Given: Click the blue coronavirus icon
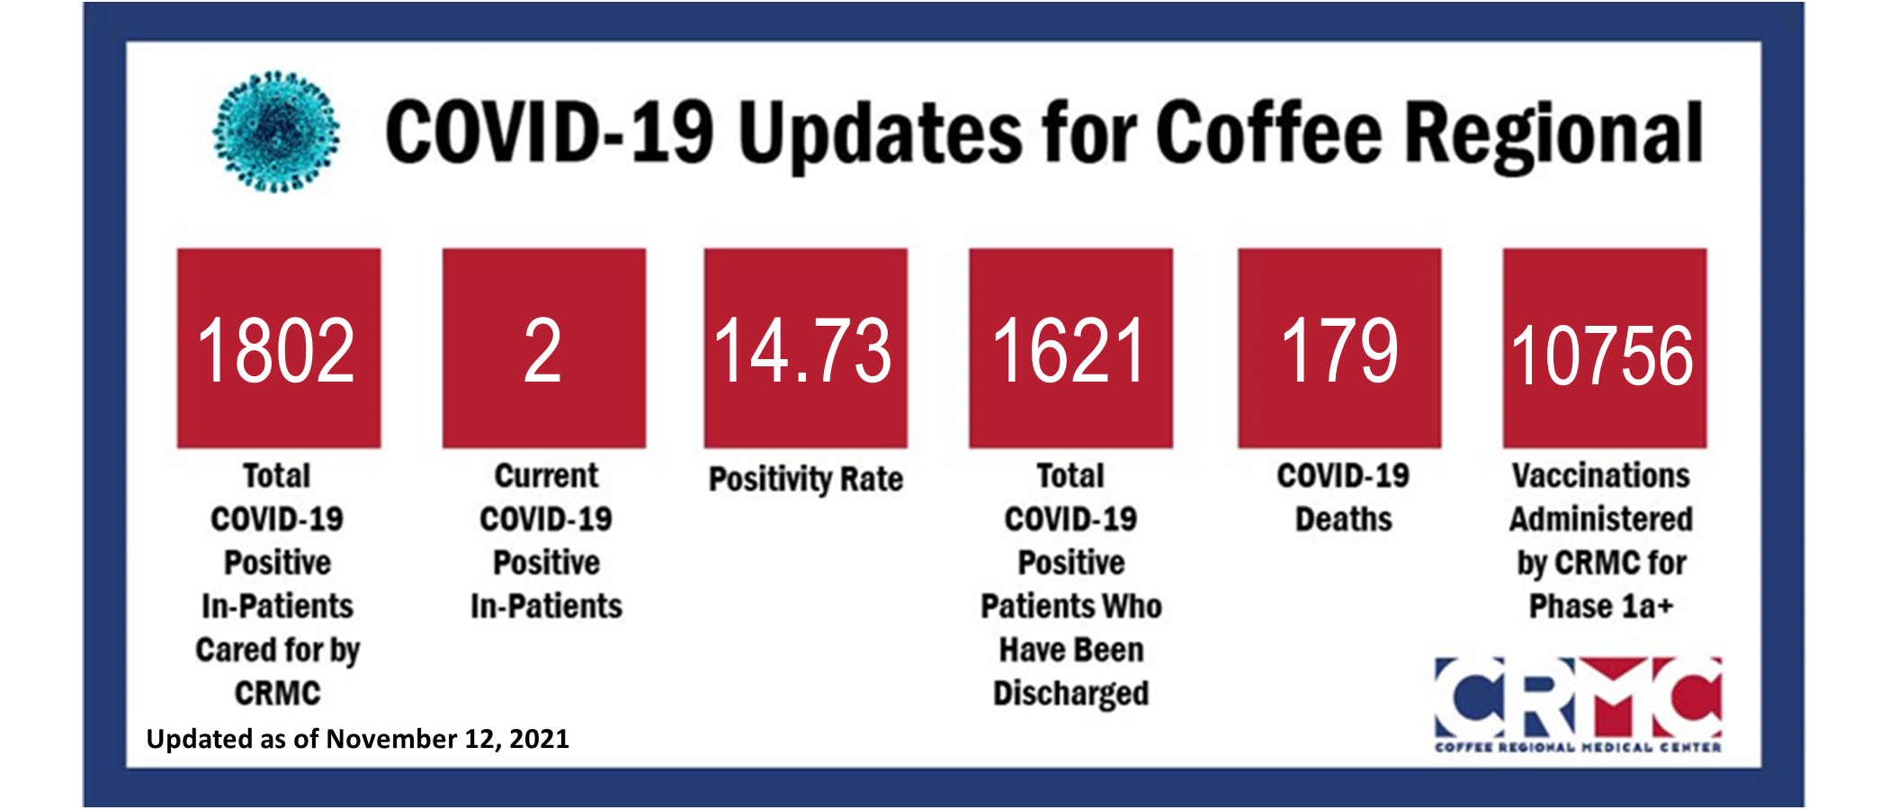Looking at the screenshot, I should click(x=276, y=131).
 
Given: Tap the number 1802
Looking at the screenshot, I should click(x=276, y=351).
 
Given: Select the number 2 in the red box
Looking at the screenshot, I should click(x=543, y=351).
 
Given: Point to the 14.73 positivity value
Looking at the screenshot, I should click(x=802, y=351).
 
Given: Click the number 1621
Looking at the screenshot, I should click(x=1069, y=351).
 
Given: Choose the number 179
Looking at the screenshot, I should click(x=1339, y=351).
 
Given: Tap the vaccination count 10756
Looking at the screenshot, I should click(x=1602, y=356).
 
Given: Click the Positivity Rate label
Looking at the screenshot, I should click(x=806, y=479).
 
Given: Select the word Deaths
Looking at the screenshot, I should click(x=1343, y=519).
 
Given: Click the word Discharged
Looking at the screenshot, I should click(x=1070, y=694).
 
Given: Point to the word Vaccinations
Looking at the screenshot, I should click(x=1601, y=475).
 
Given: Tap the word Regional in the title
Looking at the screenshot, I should click(x=1554, y=135).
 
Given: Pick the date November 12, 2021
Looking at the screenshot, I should click(x=447, y=739).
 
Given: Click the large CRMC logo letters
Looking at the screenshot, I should click(x=1578, y=697).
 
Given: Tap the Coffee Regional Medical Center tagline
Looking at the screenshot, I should click(x=1578, y=747).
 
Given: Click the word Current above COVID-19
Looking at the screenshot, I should click(x=546, y=475).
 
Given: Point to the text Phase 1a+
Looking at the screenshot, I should click(x=1601, y=607).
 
